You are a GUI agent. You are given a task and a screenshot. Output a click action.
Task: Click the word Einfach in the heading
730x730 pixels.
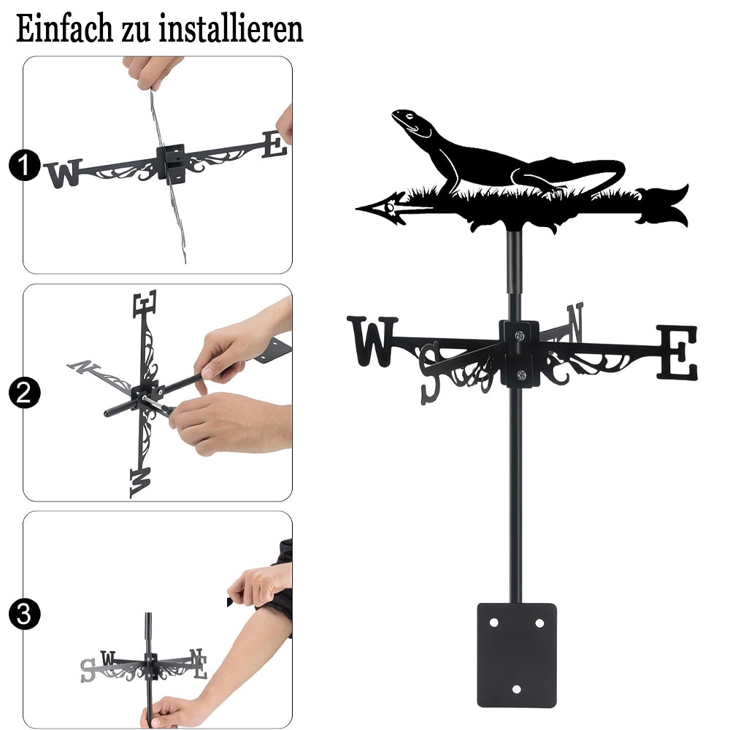(65, 28)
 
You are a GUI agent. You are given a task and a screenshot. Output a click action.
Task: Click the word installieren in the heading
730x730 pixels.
(231, 28)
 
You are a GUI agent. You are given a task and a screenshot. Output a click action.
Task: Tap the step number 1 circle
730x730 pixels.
(24, 165)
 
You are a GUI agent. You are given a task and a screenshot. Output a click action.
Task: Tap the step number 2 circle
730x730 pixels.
(24, 393)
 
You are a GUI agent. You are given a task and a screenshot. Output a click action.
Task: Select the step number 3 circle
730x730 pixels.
(24, 614)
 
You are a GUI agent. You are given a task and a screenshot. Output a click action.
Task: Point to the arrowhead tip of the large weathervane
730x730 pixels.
(357, 208)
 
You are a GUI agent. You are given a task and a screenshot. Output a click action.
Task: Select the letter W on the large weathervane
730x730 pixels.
(372, 341)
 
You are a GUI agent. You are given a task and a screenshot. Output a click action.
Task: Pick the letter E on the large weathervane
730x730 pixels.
(677, 352)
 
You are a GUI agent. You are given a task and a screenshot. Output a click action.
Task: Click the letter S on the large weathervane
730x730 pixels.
(431, 373)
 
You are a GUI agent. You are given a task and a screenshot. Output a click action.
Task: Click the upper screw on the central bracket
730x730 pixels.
(520, 335)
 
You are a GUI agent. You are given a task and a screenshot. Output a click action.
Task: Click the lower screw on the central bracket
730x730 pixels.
(521, 374)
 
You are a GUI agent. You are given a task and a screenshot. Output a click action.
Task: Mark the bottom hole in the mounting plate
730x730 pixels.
(516, 689)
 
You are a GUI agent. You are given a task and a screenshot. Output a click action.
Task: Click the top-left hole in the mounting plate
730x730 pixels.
(494, 623)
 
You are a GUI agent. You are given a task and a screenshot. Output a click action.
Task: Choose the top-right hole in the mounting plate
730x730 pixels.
(539, 623)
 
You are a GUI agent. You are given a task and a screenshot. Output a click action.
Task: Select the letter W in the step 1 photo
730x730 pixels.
(64, 173)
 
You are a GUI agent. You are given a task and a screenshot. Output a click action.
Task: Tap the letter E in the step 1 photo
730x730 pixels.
(274, 145)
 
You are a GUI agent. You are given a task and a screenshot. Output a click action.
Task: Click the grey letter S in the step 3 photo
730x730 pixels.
(88, 670)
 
